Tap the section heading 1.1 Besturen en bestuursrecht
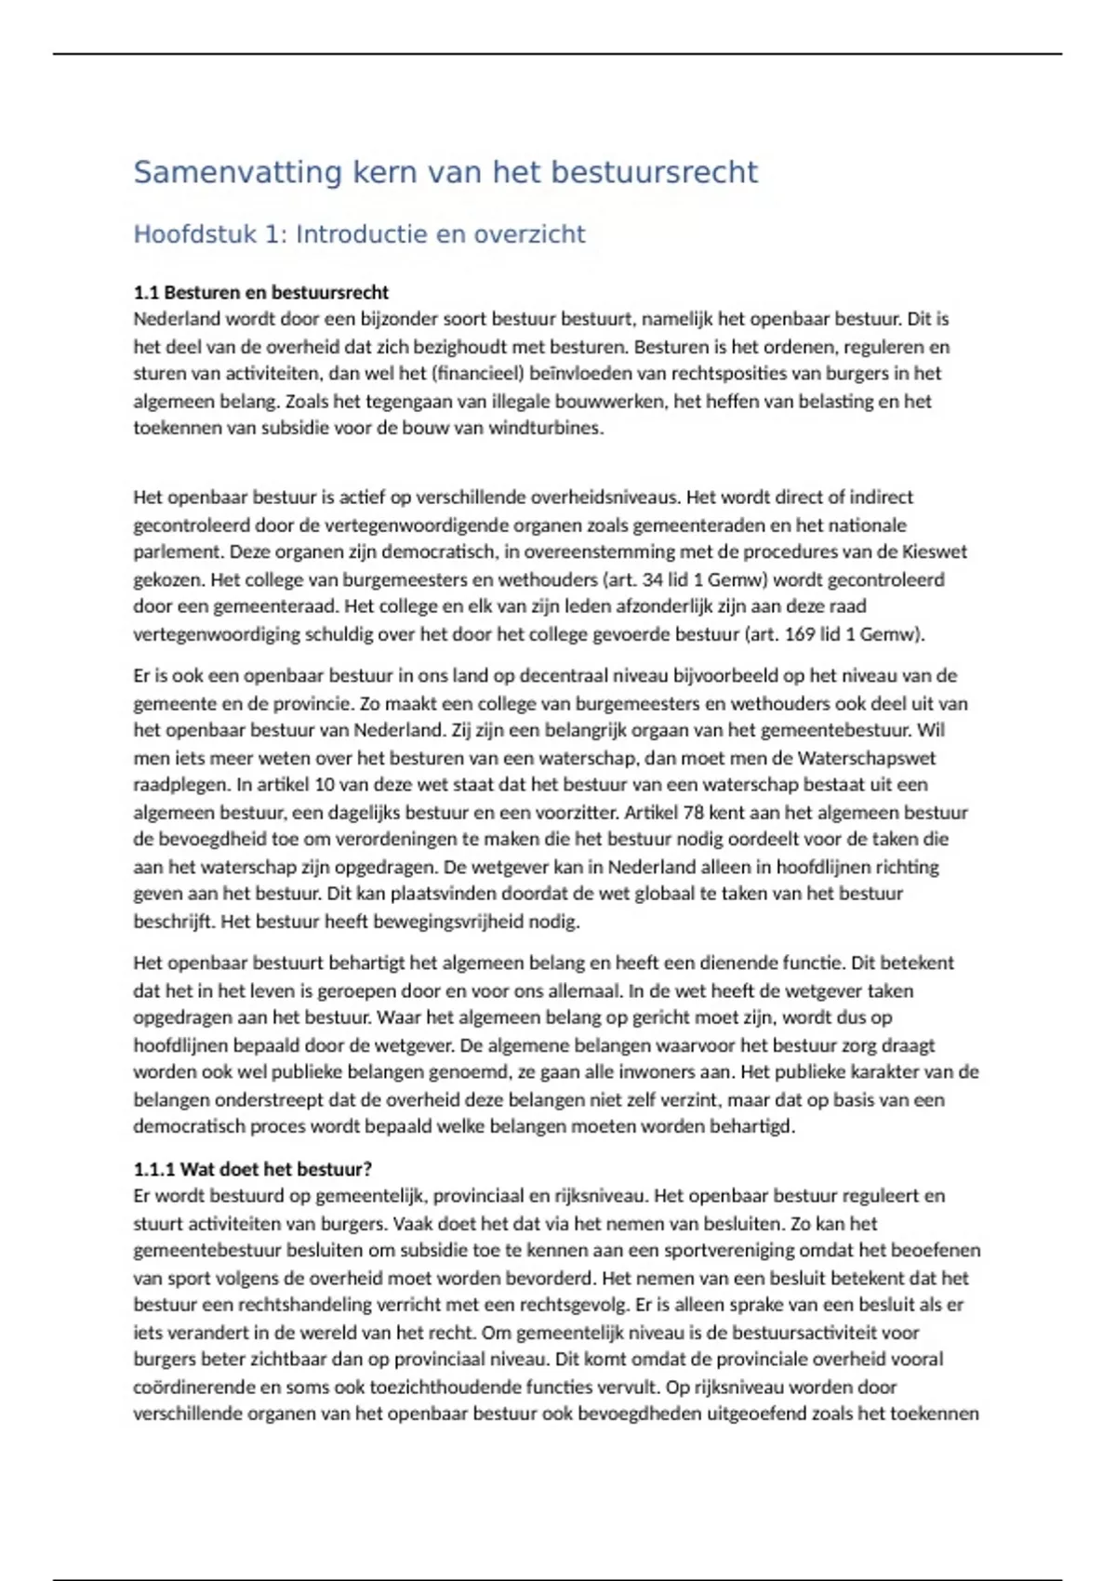click(260, 292)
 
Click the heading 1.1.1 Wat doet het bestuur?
click(252, 1169)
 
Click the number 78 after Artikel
click(694, 812)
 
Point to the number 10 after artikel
click(314, 785)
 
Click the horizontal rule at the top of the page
click(558, 54)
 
